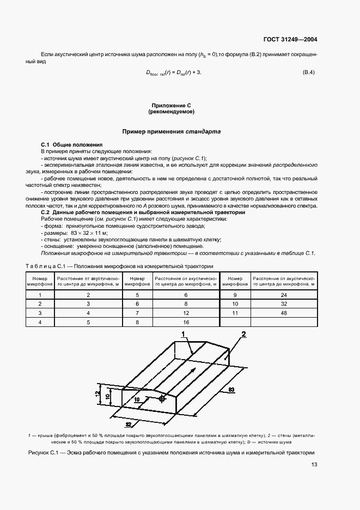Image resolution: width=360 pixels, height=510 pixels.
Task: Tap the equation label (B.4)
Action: (308, 72)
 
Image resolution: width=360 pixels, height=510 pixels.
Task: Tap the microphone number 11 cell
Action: (235, 313)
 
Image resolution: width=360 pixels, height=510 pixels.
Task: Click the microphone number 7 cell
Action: (137, 313)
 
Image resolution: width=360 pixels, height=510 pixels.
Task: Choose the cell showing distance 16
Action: (186, 323)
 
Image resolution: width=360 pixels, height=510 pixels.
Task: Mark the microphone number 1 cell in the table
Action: (39, 294)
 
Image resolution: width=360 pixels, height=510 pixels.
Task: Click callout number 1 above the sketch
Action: (184, 334)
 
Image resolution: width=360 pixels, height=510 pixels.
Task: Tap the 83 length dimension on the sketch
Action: (231, 390)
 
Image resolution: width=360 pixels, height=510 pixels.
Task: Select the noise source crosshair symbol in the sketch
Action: (162, 399)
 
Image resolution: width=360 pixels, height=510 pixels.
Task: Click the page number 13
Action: (314, 465)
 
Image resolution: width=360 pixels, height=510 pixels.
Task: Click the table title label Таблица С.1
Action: (45, 265)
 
